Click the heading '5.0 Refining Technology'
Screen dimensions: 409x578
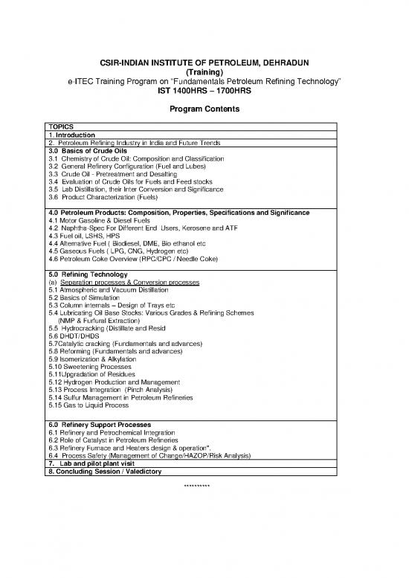(x=86, y=274)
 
